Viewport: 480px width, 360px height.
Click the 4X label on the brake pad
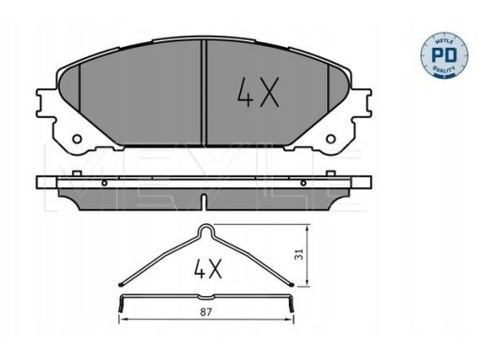[x=258, y=93]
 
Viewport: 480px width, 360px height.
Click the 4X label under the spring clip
[x=208, y=268]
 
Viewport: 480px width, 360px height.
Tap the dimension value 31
[x=299, y=254]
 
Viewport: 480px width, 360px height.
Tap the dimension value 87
[x=206, y=312]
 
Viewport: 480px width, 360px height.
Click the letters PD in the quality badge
[x=443, y=55]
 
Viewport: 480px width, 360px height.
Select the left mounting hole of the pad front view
[x=77, y=139]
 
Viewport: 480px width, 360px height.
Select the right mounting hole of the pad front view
[x=331, y=139]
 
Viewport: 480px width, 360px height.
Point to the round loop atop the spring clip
[x=206, y=231]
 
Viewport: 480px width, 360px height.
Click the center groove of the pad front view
[x=203, y=93]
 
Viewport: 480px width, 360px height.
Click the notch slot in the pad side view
[x=203, y=201]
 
